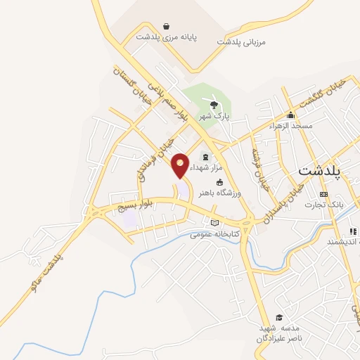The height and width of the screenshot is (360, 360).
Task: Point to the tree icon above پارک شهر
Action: tap(214, 105)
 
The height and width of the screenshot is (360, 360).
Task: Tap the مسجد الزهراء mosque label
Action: tap(290, 125)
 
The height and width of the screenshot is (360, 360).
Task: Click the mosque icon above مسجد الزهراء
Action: tap(290, 115)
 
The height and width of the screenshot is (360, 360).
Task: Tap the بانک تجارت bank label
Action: tap(323, 205)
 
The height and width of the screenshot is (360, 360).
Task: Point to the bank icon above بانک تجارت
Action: tap(323, 194)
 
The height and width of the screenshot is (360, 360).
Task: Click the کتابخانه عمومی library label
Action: tap(214, 234)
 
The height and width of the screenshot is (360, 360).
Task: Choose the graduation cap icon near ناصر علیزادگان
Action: tap(280, 317)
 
